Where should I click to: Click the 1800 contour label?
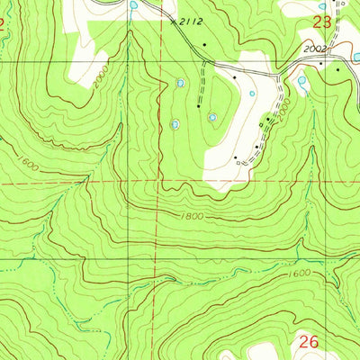pyautogui.click(x=193, y=216)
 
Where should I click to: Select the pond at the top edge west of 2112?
pyautogui.click(x=134, y=5)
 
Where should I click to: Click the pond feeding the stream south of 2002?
pyautogui.click(x=301, y=80)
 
